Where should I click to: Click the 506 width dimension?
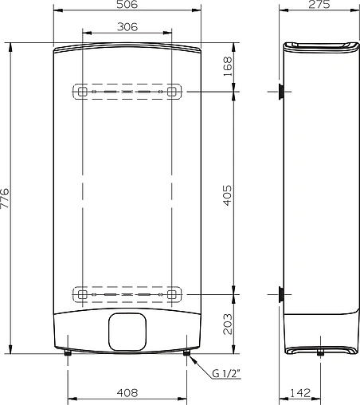coord(126,6)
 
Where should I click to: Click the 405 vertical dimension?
coord(226,192)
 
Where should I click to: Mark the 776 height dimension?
coord(6,197)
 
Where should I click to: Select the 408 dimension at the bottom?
coord(127,393)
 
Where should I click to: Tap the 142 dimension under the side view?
coord(299,393)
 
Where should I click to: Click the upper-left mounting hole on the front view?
coord(82,92)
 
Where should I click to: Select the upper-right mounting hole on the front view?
coord(170,92)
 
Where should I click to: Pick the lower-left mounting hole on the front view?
coord(82,294)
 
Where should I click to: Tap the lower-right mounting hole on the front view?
coord(170,294)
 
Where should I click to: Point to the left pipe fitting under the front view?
coord(68,356)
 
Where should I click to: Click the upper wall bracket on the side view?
coord(281,92)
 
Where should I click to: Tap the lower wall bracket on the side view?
coord(281,294)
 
